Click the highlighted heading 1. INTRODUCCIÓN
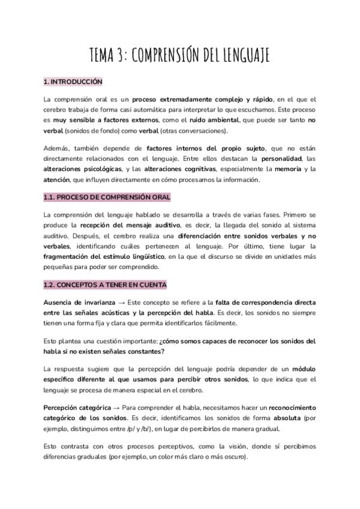click(x=73, y=82)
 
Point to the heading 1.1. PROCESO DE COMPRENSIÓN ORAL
click(x=107, y=197)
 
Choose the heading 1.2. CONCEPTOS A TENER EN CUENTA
click(x=105, y=285)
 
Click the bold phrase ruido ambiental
click(x=230, y=120)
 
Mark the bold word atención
click(x=57, y=180)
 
